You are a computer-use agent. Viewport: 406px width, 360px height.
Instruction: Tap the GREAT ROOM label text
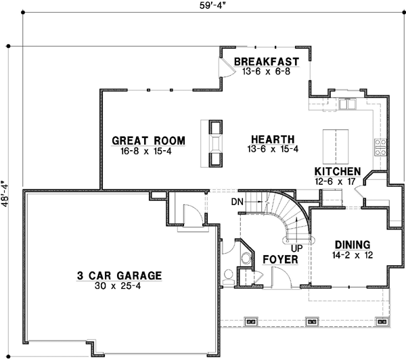[x=148, y=141]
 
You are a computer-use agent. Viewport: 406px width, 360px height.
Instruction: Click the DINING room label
[x=352, y=244]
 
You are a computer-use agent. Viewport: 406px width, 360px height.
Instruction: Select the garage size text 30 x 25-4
[x=118, y=286]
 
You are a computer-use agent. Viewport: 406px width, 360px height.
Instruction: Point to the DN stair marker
[x=237, y=201]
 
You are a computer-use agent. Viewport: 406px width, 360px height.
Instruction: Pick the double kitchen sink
[x=347, y=105]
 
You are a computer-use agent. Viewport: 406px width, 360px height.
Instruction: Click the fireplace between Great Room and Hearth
[x=215, y=142]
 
